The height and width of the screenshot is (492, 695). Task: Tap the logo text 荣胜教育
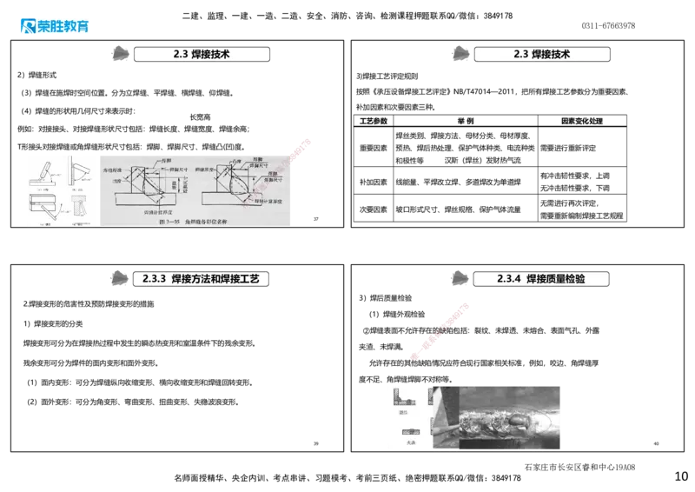coord(64,26)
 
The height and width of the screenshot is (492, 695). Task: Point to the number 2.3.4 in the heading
coord(508,278)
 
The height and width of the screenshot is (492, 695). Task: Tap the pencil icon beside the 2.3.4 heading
coord(458,278)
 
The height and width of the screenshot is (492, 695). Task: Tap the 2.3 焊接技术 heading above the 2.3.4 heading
coord(541,54)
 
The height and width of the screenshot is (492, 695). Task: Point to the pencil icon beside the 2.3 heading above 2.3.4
coord(458,54)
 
